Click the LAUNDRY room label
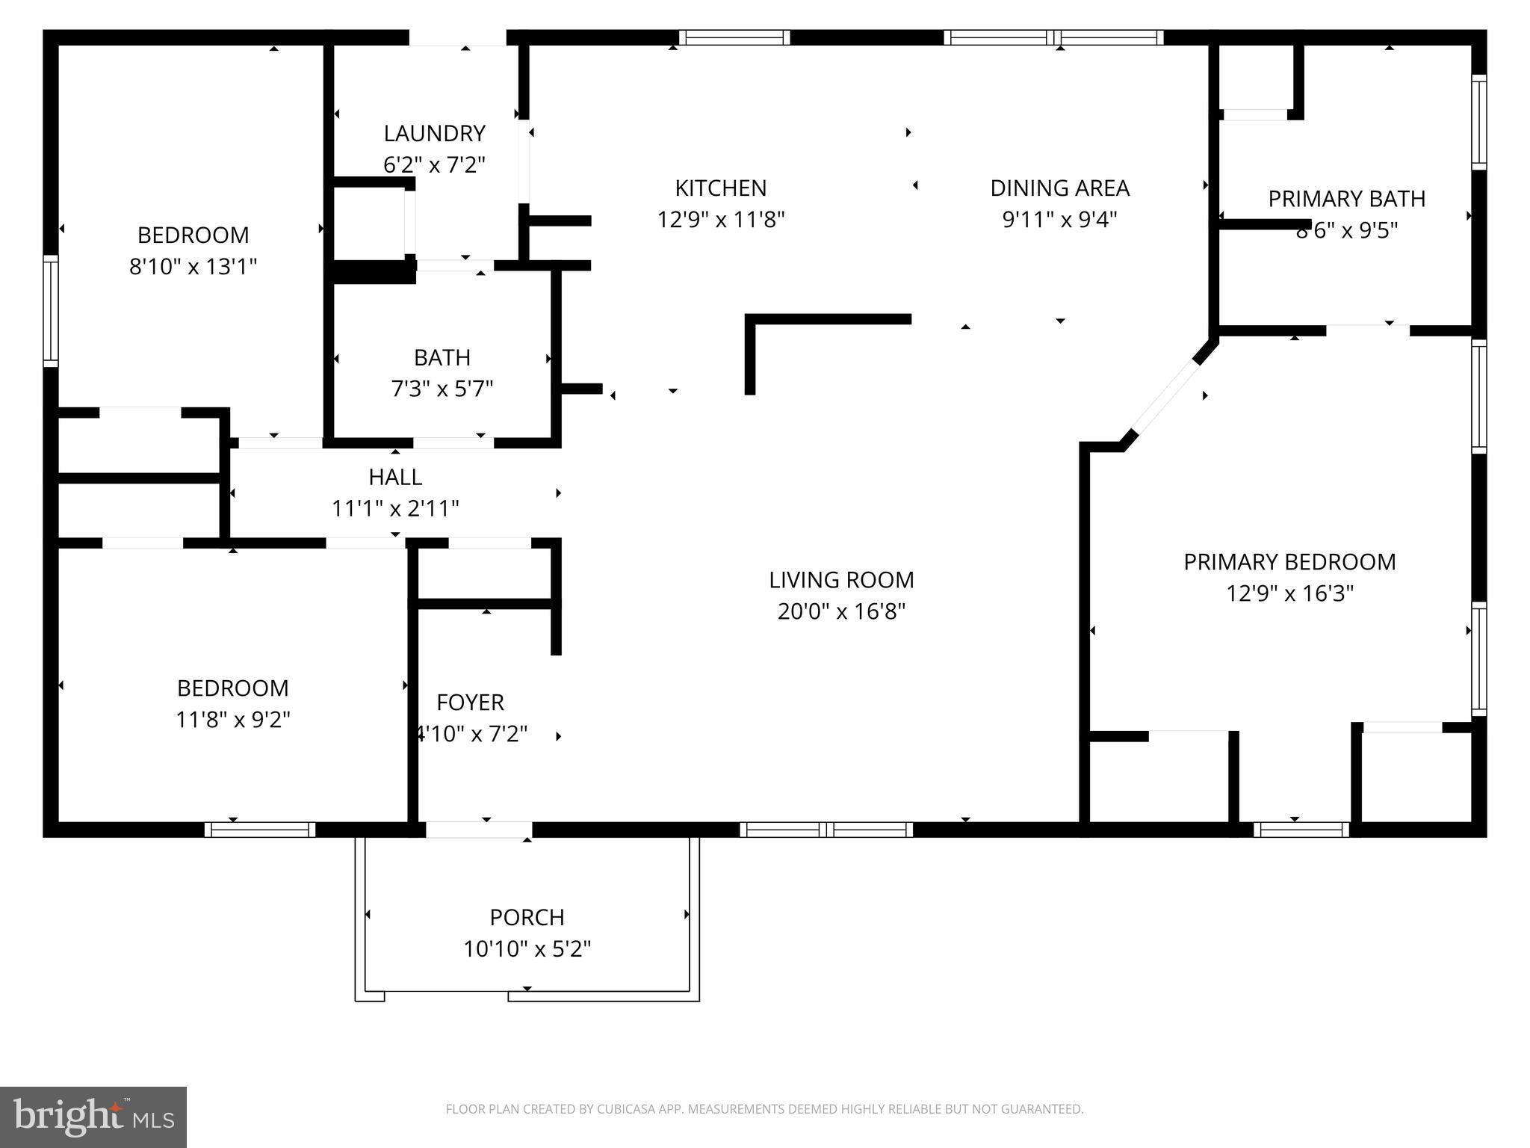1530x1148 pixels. coord(434,133)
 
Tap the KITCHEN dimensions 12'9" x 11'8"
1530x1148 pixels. coord(720,220)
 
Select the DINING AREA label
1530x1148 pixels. coord(1059,188)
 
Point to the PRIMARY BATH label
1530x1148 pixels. coord(1346,199)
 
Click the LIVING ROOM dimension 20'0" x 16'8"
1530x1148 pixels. coord(841,611)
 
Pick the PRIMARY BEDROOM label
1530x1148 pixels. coord(1289,561)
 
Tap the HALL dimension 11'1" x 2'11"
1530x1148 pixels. coord(395,508)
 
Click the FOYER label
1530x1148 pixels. coord(470,702)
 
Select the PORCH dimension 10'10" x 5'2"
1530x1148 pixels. coord(527,948)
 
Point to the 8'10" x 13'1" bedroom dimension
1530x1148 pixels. coord(193,266)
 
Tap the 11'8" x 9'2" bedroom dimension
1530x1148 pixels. coord(232,719)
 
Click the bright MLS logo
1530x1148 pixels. coord(93,1117)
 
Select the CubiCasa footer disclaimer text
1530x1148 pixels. coord(764,1109)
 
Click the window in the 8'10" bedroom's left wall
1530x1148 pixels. coord(50,310)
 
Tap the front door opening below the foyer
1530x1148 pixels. coord(478,829)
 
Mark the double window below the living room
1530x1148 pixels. coord(826,829)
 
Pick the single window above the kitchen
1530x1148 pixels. coord(734,37)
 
